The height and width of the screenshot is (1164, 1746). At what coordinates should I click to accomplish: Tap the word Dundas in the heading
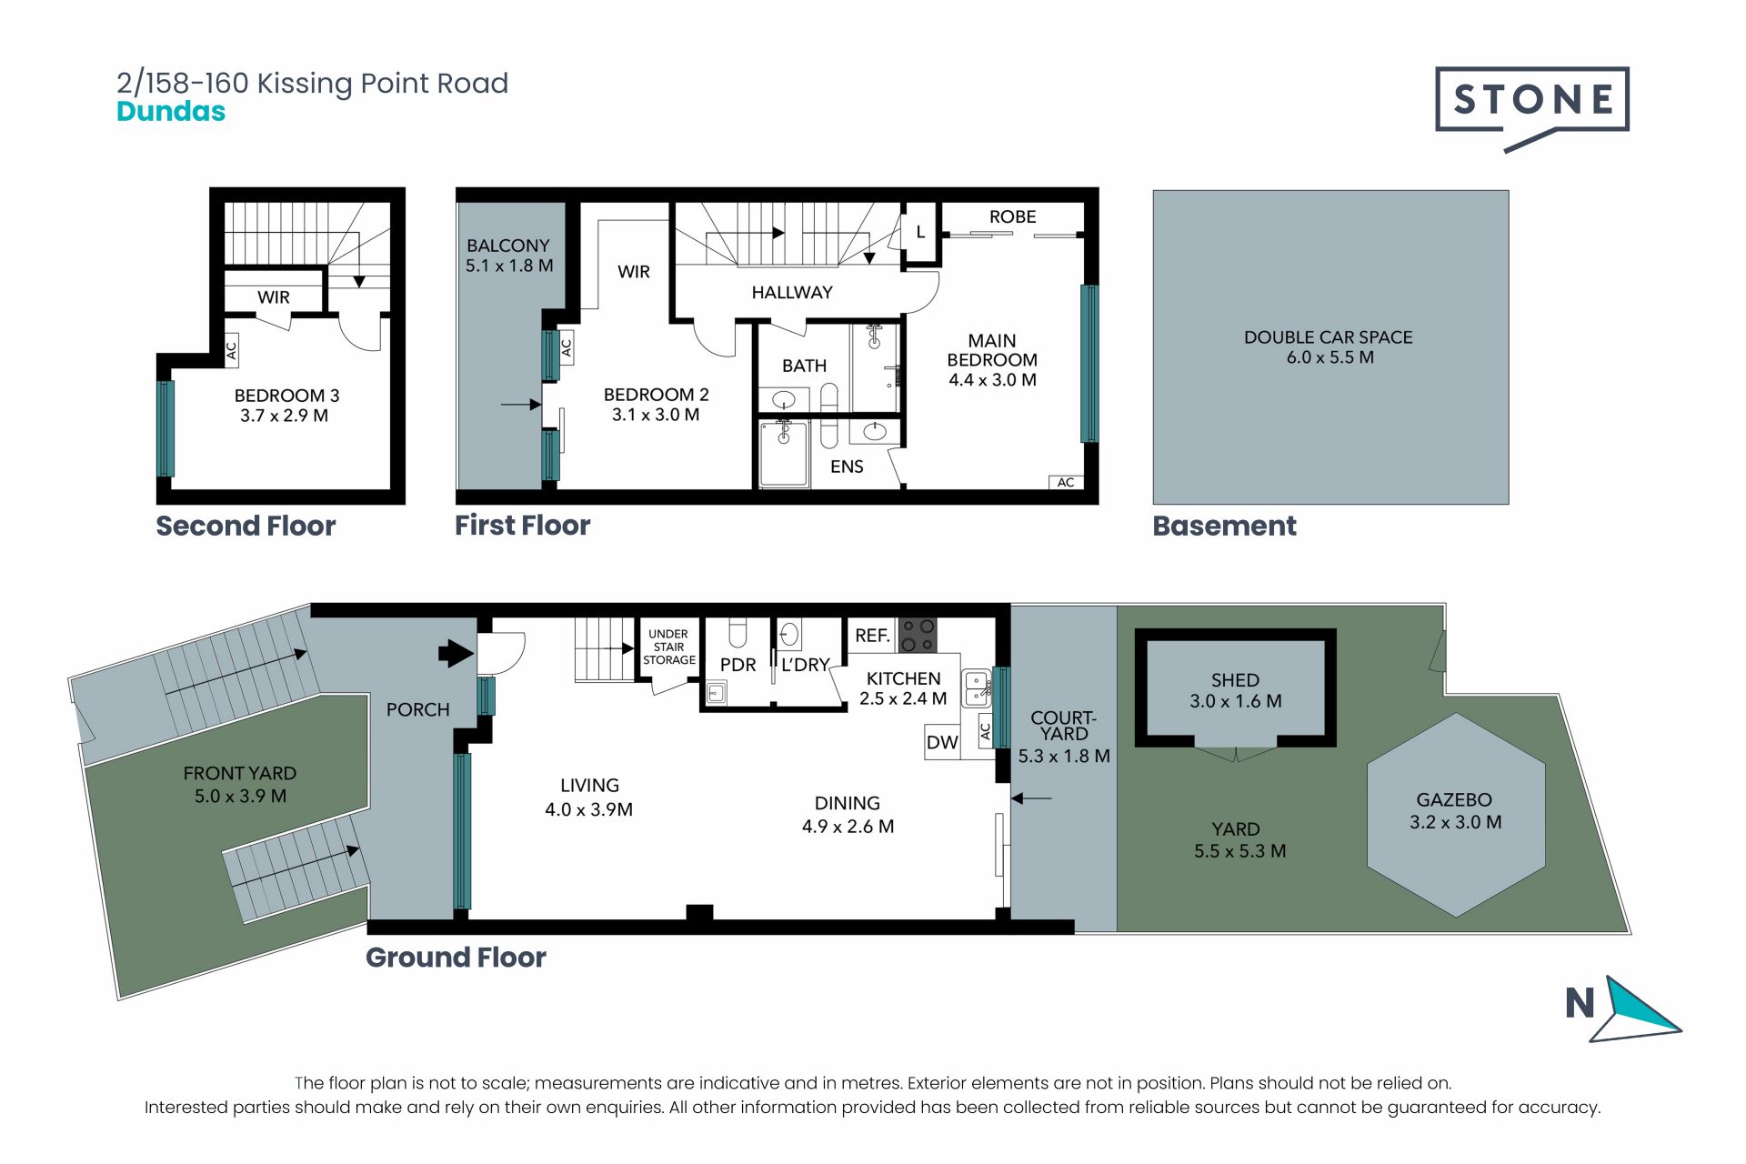171,112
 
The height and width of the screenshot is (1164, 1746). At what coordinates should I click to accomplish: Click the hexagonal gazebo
1456,814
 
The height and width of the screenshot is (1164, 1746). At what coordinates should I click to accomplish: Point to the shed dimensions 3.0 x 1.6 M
1236,701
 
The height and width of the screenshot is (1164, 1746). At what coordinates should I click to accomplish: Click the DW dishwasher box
942,742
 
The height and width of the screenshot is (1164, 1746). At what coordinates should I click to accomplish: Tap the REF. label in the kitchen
872,636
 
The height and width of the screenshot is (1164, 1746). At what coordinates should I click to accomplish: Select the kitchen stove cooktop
918,635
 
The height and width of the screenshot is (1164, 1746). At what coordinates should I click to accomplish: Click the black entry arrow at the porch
457,653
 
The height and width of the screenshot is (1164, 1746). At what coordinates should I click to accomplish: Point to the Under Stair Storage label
668,647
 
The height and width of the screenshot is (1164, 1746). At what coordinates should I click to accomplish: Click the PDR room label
738,665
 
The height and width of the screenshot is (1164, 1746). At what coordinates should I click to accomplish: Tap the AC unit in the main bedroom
1066,482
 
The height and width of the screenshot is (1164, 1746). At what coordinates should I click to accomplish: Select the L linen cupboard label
920,232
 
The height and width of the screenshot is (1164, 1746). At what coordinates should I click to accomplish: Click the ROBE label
1013,216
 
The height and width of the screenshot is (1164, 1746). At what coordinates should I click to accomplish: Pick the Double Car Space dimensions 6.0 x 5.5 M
1330,357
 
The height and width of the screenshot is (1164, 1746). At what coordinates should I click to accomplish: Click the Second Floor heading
246,526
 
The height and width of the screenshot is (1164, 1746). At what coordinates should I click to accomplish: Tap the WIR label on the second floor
274,297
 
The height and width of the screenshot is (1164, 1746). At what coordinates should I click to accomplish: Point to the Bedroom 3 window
166,428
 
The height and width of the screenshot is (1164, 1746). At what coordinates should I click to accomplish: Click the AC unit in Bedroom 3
232,349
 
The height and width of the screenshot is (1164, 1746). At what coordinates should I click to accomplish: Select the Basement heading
1225,526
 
